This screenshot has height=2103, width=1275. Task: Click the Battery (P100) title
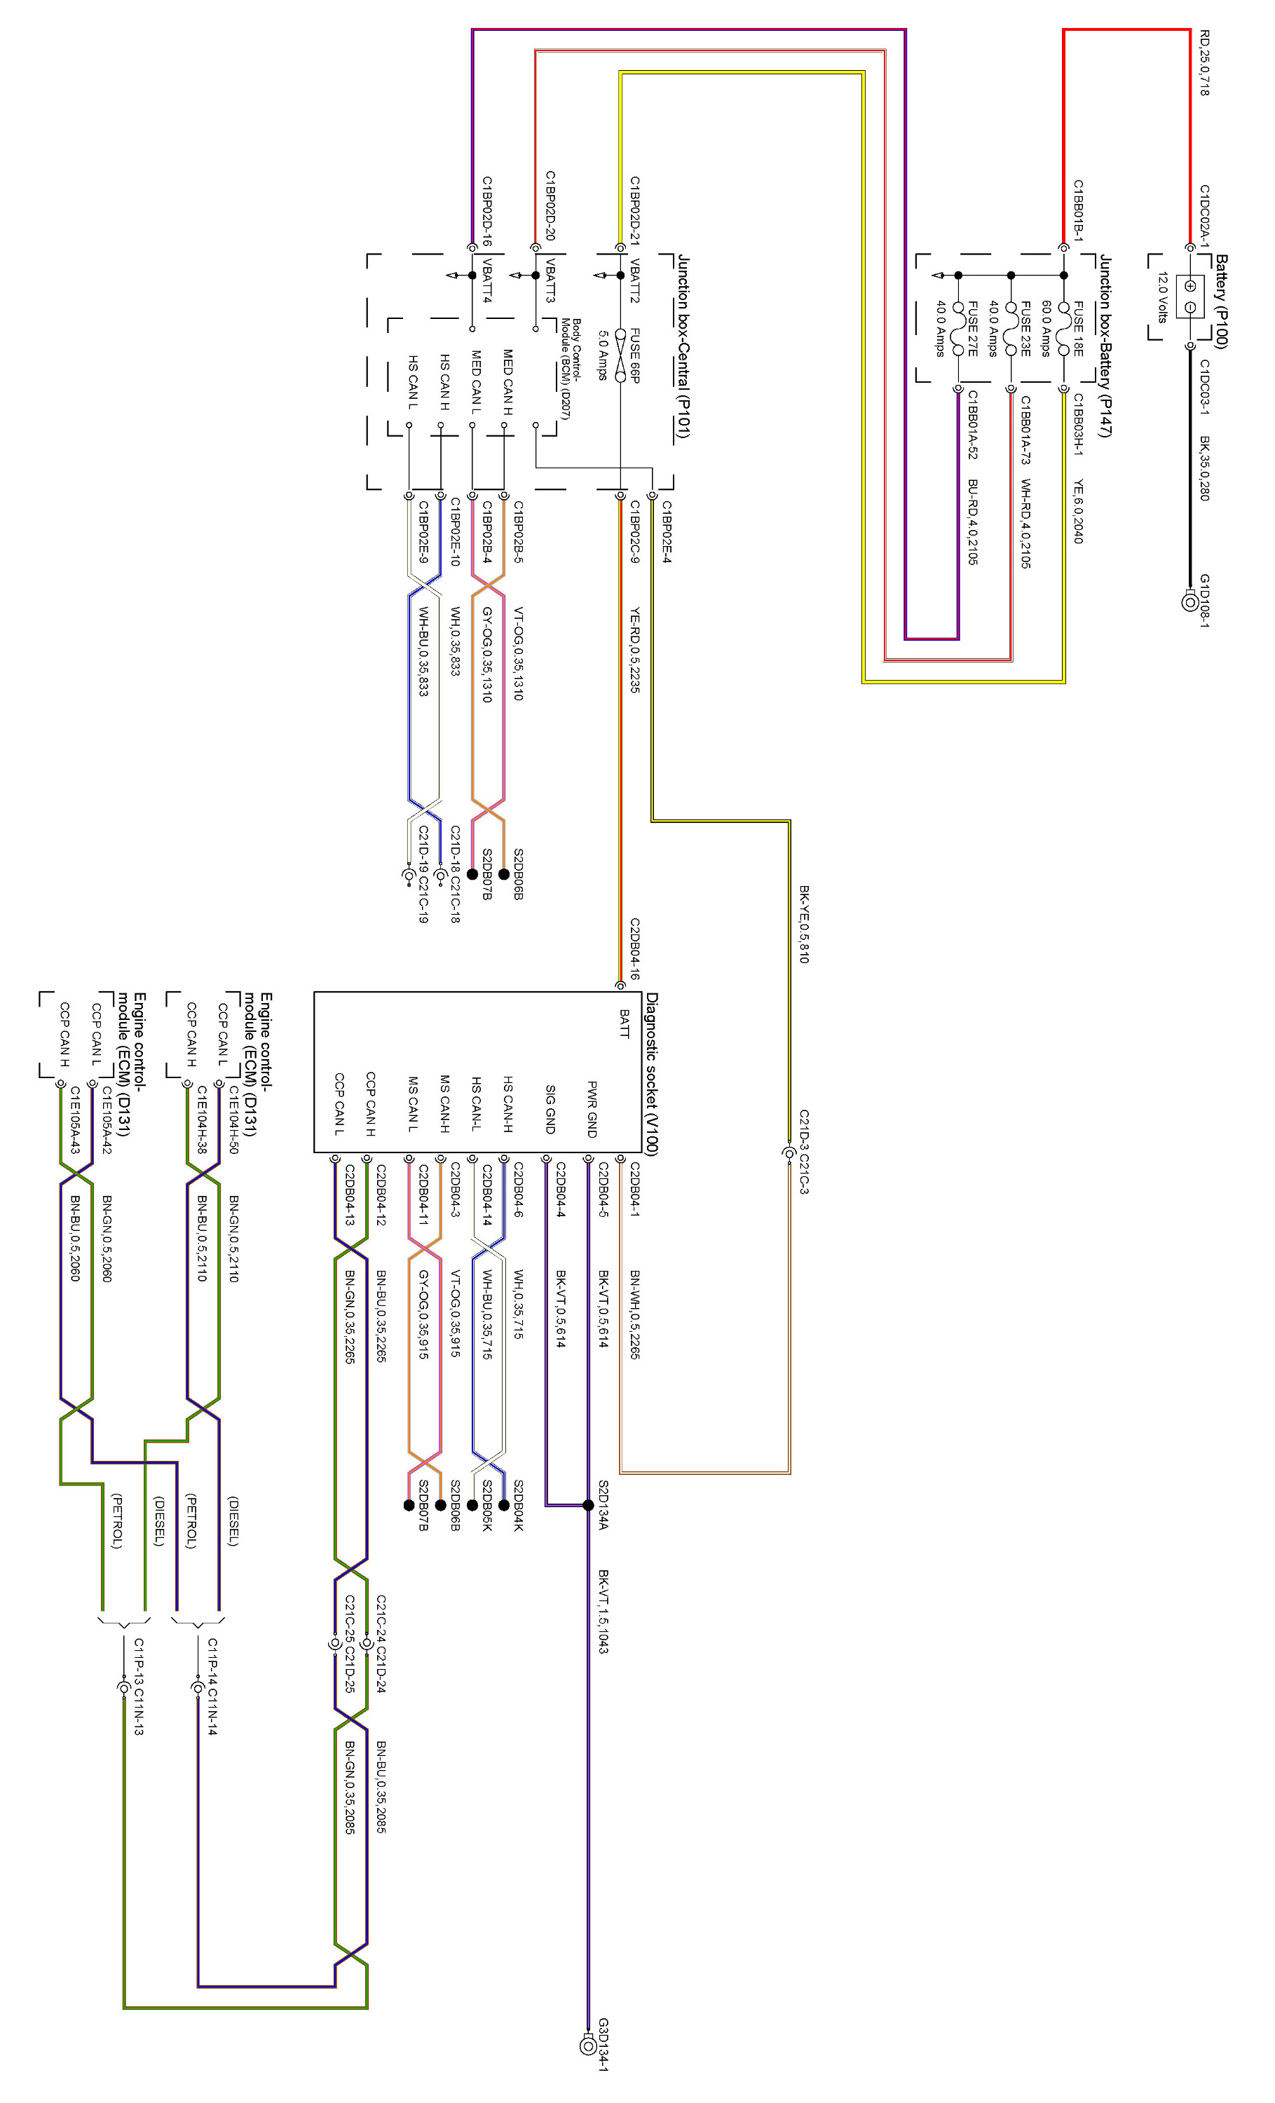(1221, 301)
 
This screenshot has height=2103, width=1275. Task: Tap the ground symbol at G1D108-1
(1189, 601)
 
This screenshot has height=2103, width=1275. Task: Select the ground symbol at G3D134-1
(588, 2045)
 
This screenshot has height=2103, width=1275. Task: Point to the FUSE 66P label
(634, 355)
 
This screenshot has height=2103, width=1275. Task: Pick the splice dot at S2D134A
(588, 1505)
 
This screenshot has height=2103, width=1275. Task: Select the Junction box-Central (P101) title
(683, 346)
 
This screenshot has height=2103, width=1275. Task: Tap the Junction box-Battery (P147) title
(1104, 345)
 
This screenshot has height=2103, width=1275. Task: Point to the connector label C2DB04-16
(635, 948)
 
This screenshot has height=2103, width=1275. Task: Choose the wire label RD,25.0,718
(1204, 62)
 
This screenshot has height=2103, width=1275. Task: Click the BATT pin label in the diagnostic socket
(624, 1023)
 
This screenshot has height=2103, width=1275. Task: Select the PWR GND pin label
(592, 1109)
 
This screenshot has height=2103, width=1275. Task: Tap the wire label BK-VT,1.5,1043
(603, 1610)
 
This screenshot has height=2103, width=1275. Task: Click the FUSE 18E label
(1078, 329)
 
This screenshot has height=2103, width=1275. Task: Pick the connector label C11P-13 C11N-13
(138, 1686)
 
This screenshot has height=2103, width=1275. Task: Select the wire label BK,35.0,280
(1204, 468)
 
